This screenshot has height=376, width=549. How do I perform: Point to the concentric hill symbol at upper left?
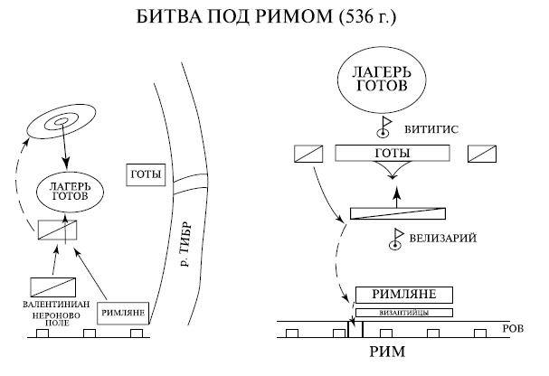coord(62,124)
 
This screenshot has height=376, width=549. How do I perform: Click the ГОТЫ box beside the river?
coord(146,174)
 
